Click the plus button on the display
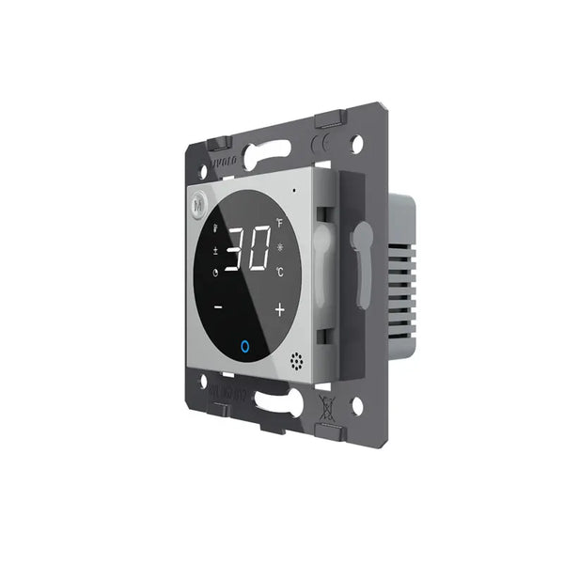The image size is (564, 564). point(279,308)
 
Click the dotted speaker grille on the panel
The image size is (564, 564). point(298,360)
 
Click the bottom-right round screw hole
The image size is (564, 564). point(356,405)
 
